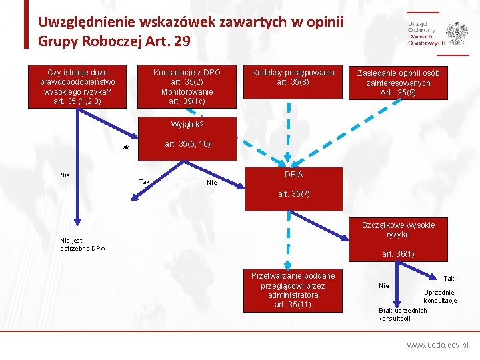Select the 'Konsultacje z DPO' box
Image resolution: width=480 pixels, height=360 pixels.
(x=187, y=87)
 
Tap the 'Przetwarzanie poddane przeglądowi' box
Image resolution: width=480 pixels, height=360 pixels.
(x=293, y=290)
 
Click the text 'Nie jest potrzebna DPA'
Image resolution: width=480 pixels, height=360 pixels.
(x=82, y=245)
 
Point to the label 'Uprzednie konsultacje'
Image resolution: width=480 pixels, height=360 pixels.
(x=440, y=296)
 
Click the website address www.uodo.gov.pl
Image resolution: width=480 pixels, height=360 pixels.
(x=438, y=346)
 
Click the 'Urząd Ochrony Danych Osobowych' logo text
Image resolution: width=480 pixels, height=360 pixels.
(x=425, y=32)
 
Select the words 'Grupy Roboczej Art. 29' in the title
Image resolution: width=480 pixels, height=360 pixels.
(x=114, y=41)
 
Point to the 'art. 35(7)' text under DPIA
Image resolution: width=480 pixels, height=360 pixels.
(x=293, y=195)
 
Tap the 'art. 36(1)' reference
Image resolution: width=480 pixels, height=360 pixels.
(x=398, y=253)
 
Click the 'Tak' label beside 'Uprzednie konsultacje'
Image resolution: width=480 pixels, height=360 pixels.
(x=449, y=278)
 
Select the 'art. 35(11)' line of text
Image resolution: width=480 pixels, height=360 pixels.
(x=293, y=305)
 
